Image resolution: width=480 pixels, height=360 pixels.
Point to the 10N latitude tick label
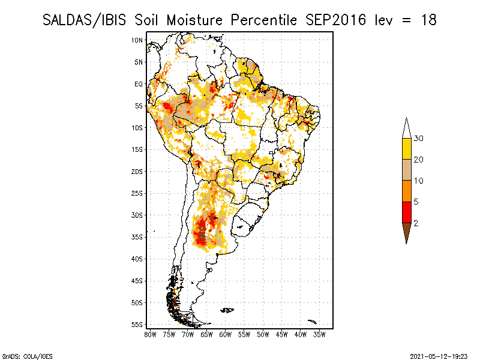137,40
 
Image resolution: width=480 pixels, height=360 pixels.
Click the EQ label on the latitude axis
139,84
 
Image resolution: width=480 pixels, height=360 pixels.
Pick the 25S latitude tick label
137,193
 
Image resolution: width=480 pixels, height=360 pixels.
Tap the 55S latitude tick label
137,325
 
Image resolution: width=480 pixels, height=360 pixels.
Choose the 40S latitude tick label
137,259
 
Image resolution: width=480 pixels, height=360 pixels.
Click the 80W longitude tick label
150,334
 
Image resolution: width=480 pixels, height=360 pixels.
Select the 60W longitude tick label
225,334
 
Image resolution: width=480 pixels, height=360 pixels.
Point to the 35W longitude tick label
319,334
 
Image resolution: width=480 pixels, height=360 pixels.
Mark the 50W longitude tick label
263,334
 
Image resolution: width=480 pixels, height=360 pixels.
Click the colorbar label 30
419,139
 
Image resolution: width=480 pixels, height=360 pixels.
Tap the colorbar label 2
416,223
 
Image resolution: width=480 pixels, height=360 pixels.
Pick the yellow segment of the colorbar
406,149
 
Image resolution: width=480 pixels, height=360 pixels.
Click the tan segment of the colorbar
406,170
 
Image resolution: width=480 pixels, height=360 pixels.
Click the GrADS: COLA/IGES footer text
20,356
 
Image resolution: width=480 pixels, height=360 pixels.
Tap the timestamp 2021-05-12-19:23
439,356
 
